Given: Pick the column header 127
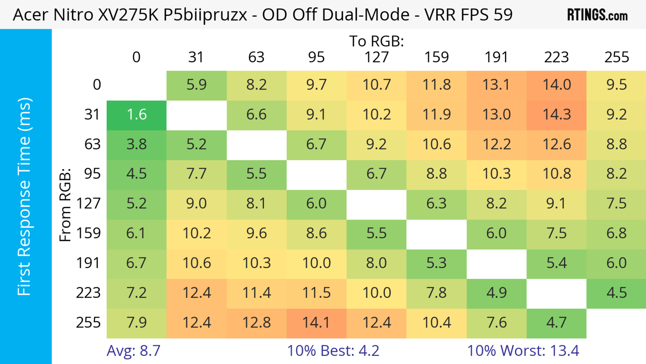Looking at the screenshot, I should tap(376, 57).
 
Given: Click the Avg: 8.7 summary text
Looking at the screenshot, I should tap(133, 351).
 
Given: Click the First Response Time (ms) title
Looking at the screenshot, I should tap(25, 196).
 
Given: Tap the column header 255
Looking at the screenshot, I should tap(616, 57).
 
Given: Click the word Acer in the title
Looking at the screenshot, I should tap(30, 15).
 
